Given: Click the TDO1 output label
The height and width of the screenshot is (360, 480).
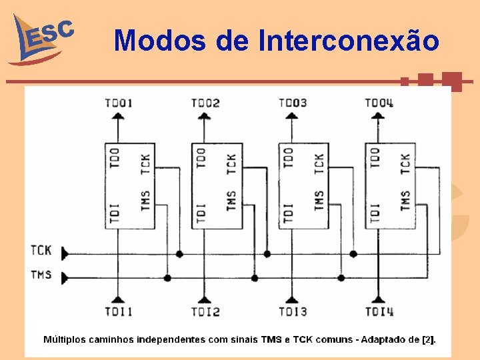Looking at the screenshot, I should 119,103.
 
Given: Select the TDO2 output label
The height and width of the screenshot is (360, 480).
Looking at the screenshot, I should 205,103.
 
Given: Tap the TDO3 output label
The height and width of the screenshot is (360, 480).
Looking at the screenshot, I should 293,103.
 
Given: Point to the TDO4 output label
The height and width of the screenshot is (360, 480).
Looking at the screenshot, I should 379,103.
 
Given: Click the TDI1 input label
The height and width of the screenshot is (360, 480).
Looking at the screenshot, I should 119,311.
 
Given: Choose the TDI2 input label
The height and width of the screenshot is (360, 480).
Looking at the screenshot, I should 205,311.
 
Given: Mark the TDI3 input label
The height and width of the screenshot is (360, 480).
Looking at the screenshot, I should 293,311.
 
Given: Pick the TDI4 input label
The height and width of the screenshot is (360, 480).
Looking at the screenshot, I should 379,311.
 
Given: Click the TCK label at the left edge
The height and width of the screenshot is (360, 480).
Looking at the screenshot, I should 41,251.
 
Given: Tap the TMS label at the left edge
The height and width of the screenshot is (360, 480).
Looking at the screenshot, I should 41,274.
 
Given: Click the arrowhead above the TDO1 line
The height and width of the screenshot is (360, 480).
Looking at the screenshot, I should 118,116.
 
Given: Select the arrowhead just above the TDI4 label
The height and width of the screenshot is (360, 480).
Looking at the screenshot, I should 378,300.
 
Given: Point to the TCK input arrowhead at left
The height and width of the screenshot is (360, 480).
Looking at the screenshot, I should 65,253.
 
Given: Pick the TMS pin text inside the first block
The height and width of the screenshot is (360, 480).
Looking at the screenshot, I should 145,200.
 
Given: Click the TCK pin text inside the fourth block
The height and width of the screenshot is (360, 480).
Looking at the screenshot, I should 405,164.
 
